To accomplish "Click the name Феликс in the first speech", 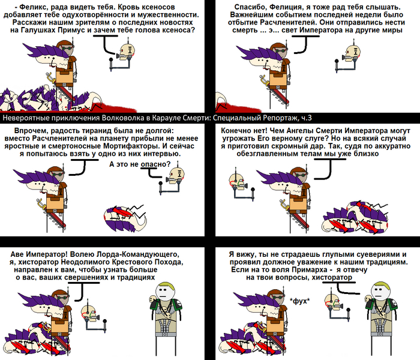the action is [32, 7].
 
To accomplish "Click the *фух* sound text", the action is [299, 301].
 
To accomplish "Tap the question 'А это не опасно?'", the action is [140, 164].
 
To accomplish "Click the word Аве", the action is [17, 254].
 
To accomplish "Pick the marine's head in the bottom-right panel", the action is [380, 291].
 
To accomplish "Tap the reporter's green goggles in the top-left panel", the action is [67, 48].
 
